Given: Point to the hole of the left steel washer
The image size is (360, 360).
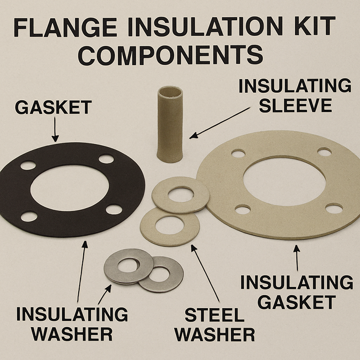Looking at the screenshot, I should [x=128, y=266].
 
